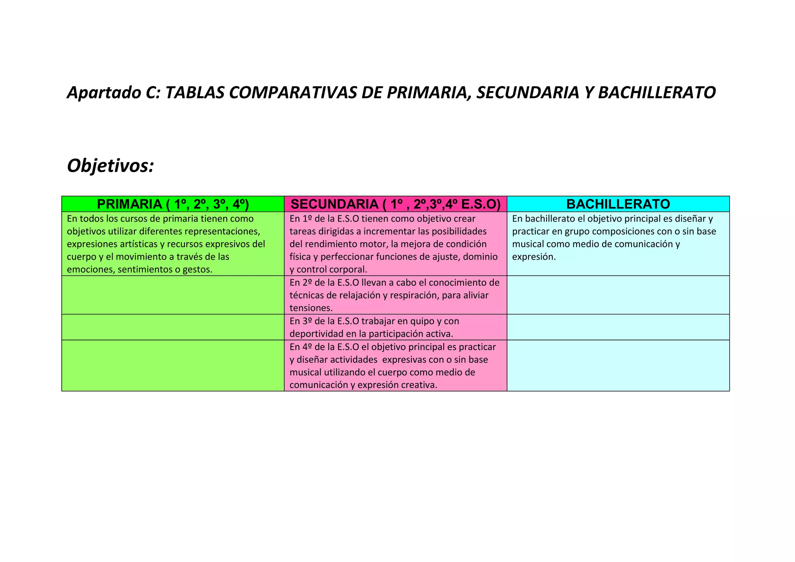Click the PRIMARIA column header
point(173,204)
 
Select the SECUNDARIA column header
point(395,204)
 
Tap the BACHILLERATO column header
point(618,204)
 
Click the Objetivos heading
point(111,166)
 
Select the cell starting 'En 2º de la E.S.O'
point(395,295)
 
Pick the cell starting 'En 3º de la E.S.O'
point(395,327)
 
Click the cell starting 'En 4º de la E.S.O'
point(395,366)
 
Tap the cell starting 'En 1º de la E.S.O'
point(395,244)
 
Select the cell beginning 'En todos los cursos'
point(173,244)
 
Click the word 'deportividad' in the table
point(315,334)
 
